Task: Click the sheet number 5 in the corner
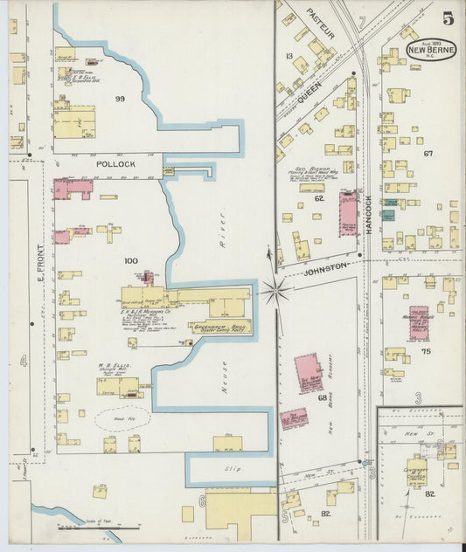point(447,17)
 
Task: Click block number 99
point(120,100)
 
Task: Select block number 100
point(131,261)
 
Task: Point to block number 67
point(428,154)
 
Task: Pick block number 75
point(425,351)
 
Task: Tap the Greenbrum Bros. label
point(219,326)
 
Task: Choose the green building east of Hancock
point(387,214)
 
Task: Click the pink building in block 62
point(348,212)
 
